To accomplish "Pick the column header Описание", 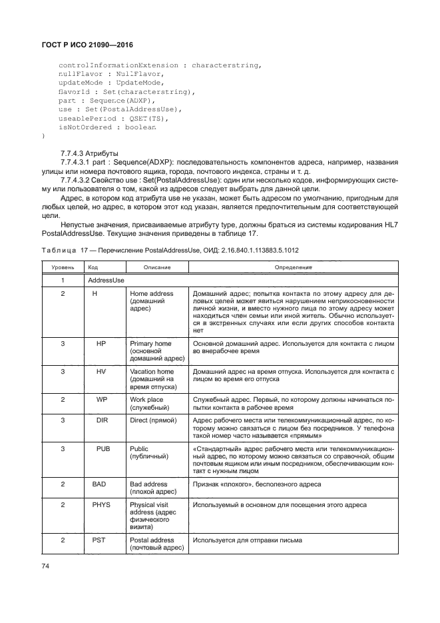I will [x=156, y=267].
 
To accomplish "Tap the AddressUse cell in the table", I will [x=106, y=281].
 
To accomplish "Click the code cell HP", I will [x=101, y=343].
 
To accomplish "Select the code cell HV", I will [x=101, y=370].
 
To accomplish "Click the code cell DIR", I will [x=102, y=420].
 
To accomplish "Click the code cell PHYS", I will [x=101, y=505].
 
